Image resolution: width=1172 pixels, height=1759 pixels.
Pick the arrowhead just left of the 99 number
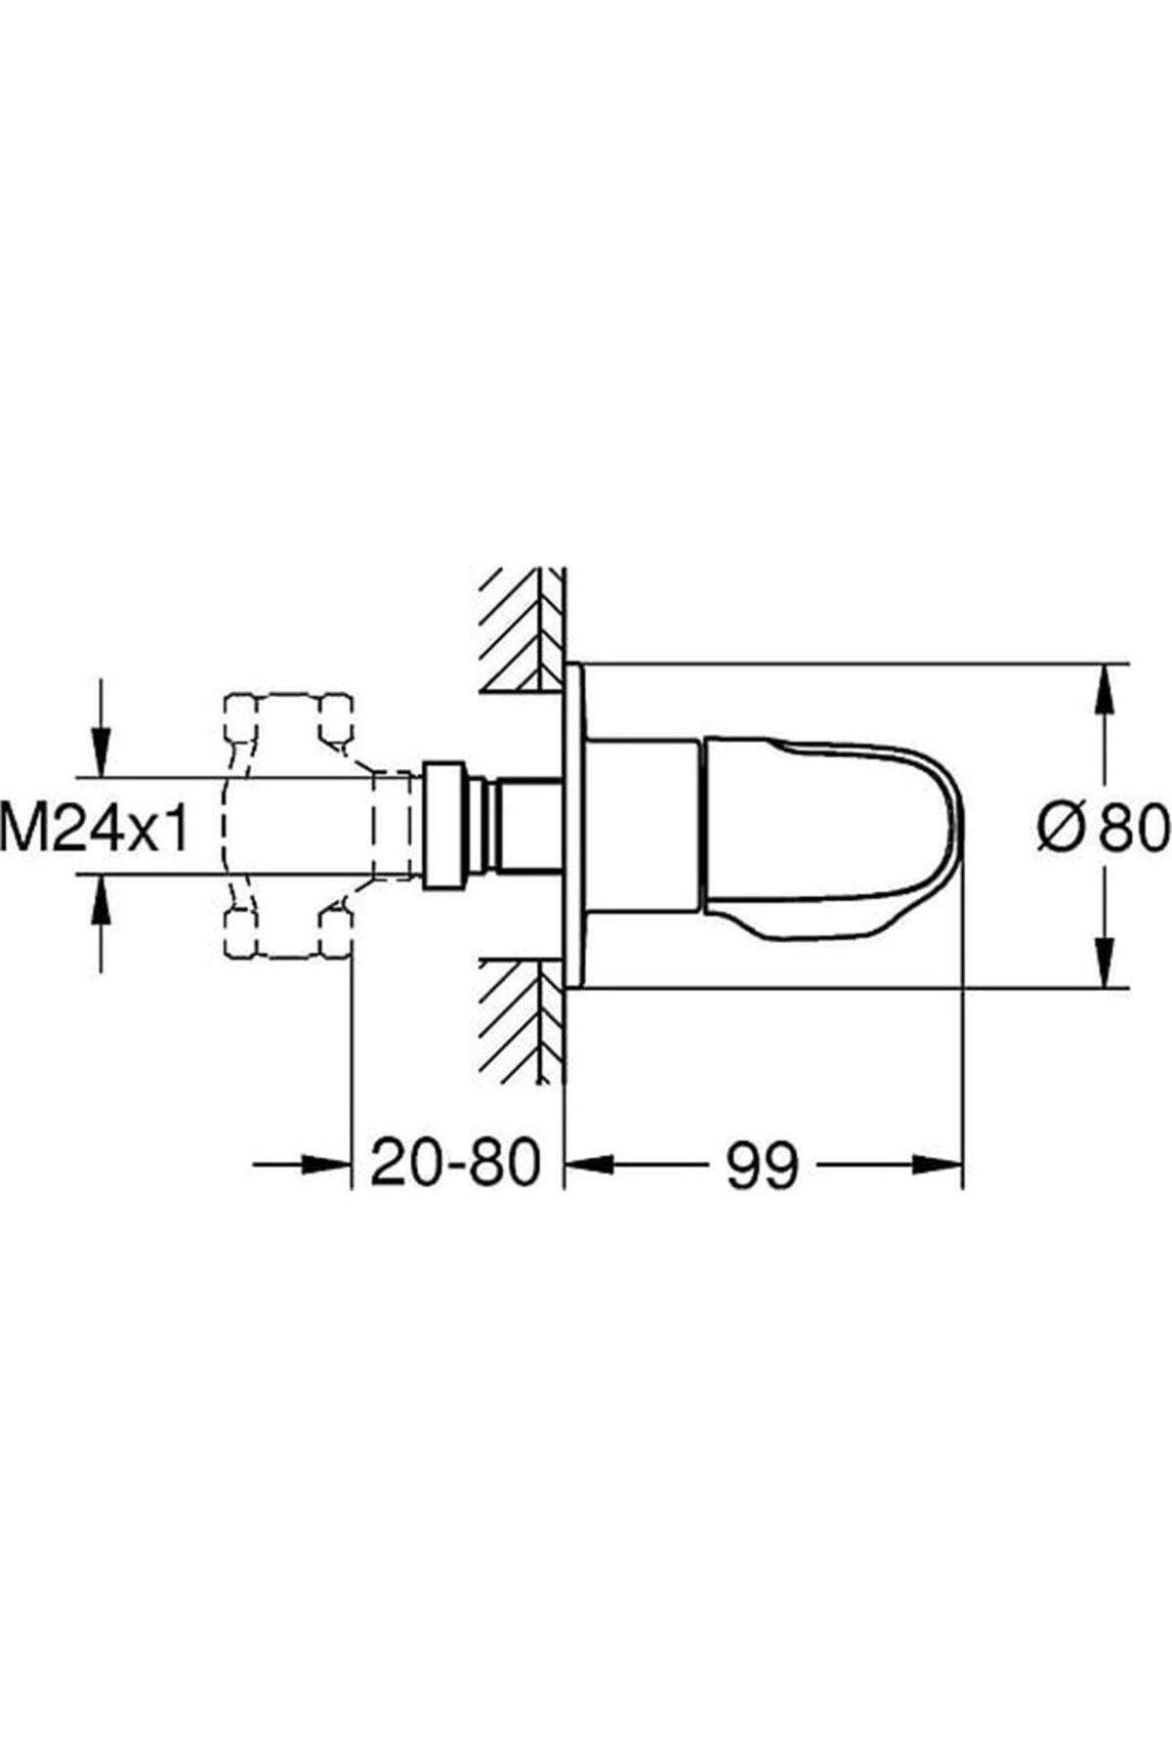coord(592,1164)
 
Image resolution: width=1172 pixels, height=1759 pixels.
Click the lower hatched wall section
coord(523,1016)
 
